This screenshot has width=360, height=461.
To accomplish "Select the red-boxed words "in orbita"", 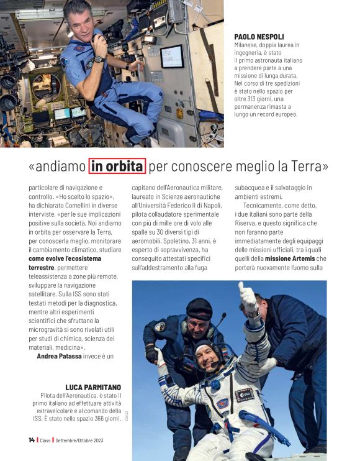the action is tap(117, 167).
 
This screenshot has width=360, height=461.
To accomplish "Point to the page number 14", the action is tap(31, 440).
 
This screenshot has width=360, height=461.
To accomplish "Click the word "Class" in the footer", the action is tap(47, 440).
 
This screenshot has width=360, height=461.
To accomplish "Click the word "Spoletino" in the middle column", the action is tap(148, 240).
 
